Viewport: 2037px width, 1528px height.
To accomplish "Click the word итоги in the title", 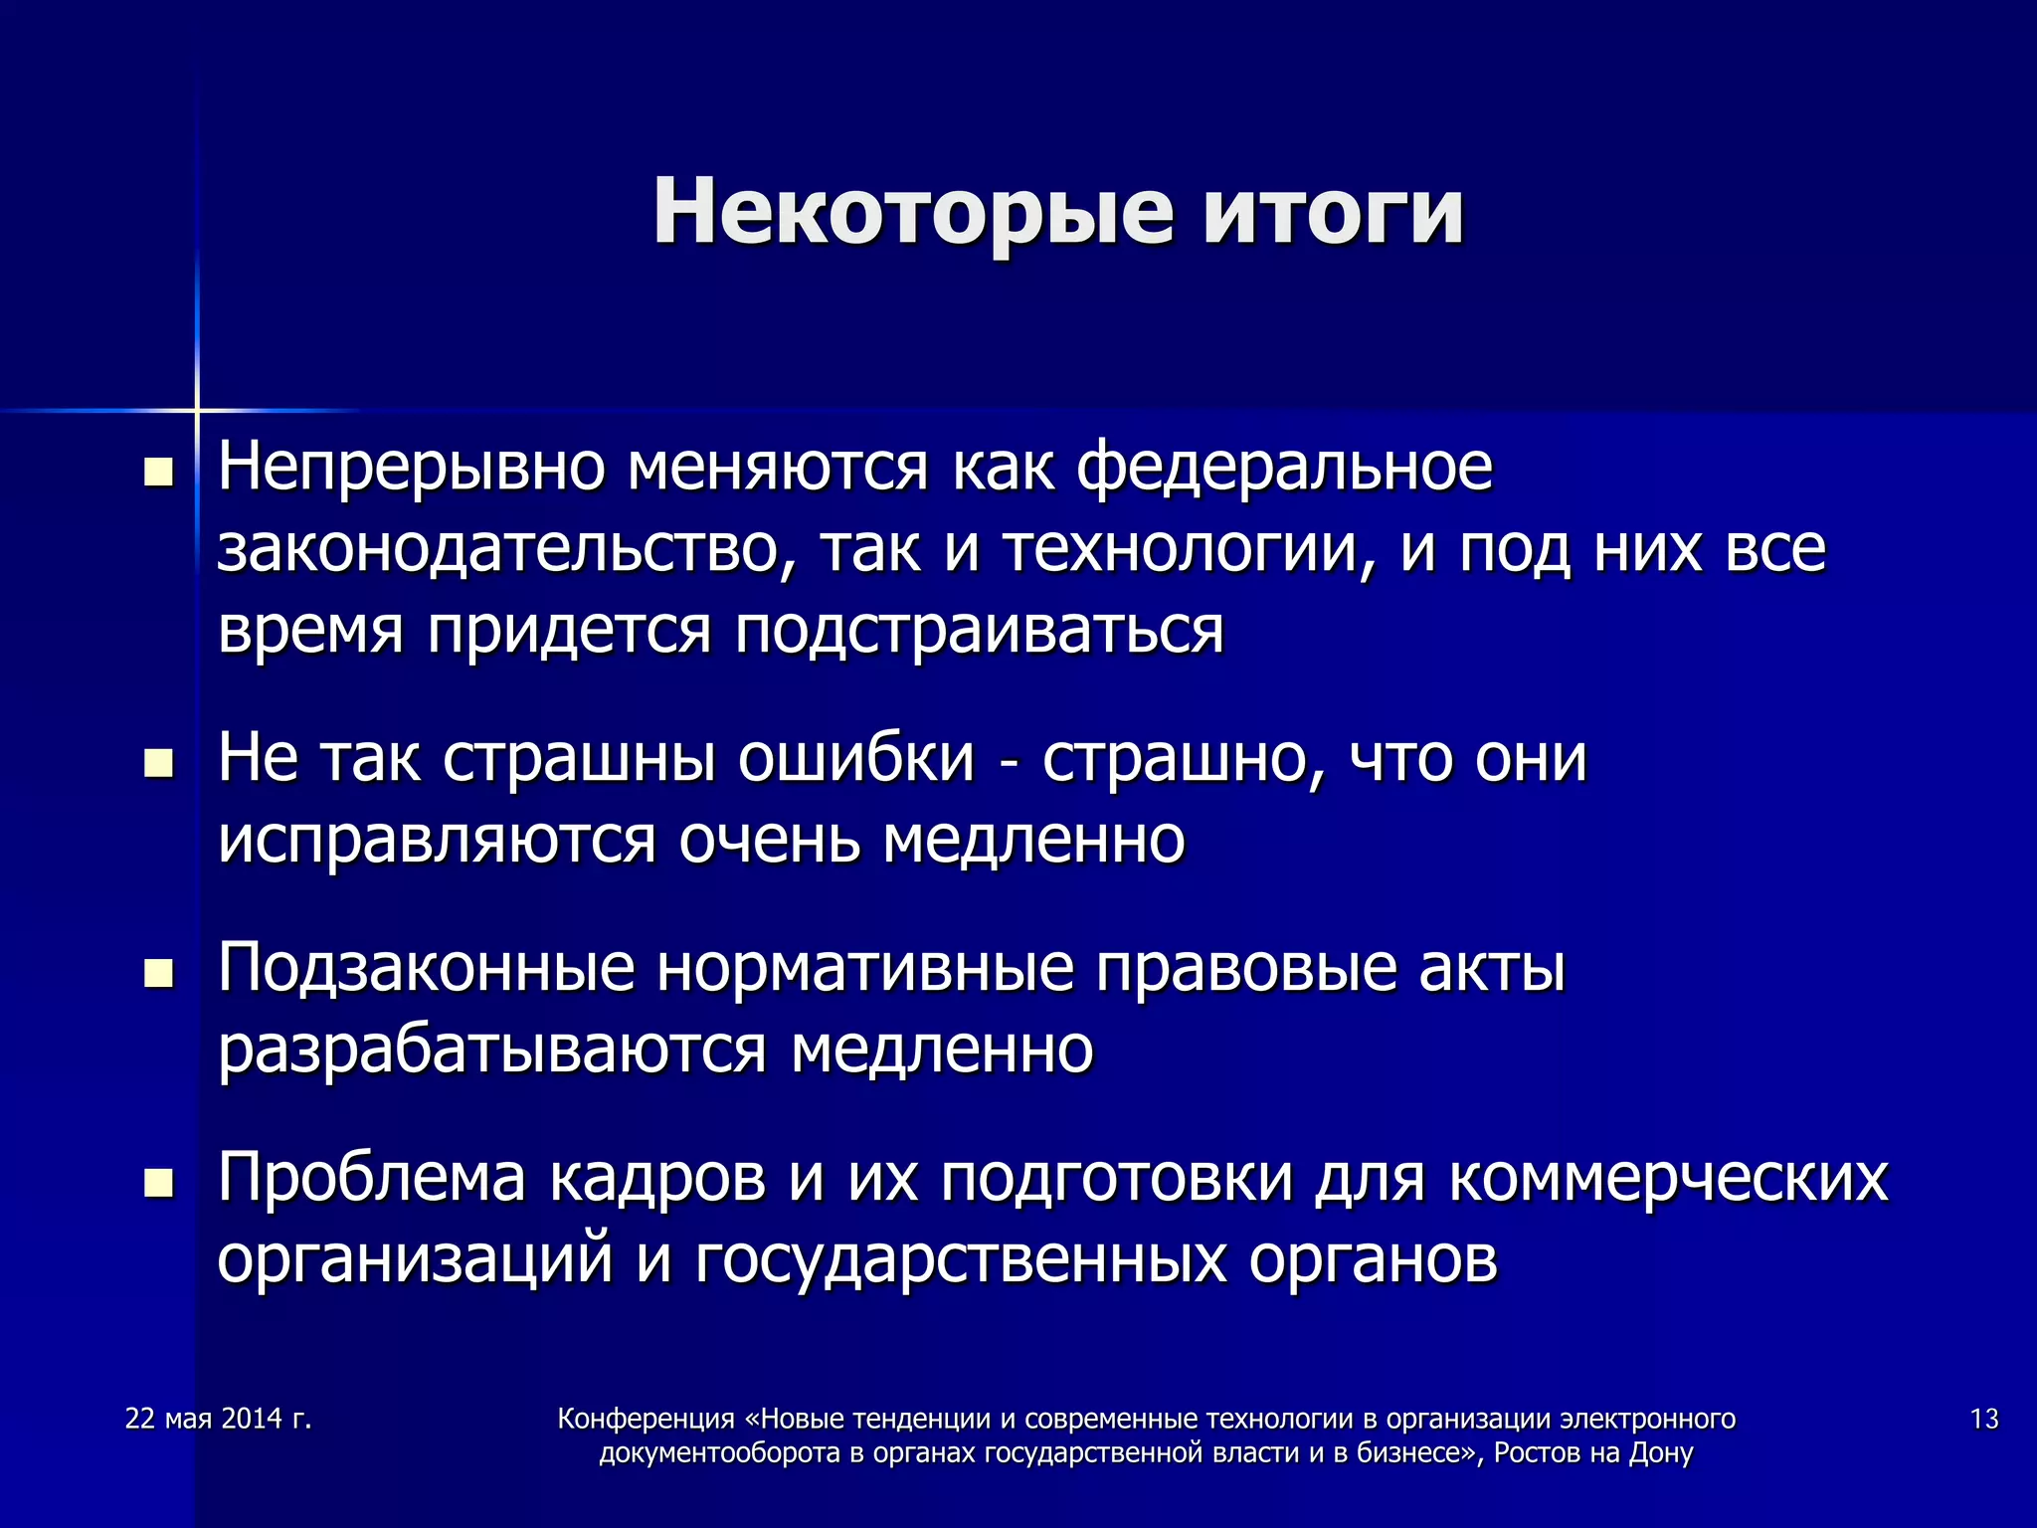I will (1333, 212).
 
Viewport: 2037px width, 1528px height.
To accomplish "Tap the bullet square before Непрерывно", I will (158, 472).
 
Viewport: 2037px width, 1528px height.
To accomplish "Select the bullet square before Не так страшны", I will (158, 763).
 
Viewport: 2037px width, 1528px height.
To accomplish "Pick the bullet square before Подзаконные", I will (158, 973).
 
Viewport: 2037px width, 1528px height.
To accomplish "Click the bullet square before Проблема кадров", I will (158, 1183).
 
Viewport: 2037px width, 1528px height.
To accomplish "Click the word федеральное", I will (1284, 468).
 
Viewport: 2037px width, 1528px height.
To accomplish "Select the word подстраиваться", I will (979, 631).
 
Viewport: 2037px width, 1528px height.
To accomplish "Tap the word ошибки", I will (855, 759).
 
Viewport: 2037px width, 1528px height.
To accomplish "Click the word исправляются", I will (437, 841).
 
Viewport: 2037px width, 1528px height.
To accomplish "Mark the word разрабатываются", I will (491, 1050).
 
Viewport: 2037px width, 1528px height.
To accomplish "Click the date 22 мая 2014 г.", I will (219, 1419).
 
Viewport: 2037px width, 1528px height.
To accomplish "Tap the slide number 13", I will (1983, 1419).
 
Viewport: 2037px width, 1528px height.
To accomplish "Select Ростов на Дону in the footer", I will (1592, 1453).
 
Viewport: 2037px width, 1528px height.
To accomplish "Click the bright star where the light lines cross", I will (197, 410).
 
